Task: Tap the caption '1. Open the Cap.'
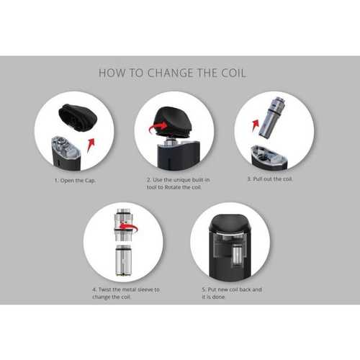[75, 181]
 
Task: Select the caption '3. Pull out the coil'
[270, 179]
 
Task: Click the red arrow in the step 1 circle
[91, 145]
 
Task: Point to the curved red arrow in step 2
[158, 127]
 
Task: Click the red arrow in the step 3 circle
[256, 125]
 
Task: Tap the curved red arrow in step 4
[129, 228]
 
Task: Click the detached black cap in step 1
[78, 117]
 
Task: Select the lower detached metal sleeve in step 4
[123, 261]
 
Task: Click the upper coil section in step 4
[124, 225]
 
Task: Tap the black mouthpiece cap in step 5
[230, 225]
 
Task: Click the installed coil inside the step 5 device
[238, 255]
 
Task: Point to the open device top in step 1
[66, 153]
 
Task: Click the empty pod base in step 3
[269, 157]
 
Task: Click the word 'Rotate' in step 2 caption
[173, 187]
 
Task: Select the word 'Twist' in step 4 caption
[104, 289]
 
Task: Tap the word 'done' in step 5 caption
[218, 297]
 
